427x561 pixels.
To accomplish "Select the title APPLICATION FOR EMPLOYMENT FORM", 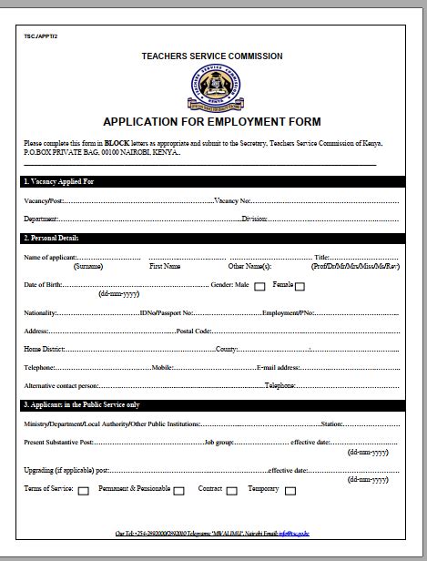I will [x=211, y=122].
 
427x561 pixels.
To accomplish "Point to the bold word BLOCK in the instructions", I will [x=117, y=144].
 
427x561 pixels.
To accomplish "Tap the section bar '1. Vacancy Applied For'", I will [x=211, y=182].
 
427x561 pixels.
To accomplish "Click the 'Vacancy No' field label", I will [x=232, y=200].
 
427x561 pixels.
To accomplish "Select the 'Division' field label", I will [x=254, y=219].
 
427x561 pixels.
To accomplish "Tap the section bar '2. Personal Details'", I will [x=211, y=239].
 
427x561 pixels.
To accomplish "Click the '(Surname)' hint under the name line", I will [x=88, y=266].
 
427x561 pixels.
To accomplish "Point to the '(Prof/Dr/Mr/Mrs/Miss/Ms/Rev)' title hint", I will [x=354, y=266].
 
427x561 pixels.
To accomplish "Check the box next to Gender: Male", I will [x=259, y=287].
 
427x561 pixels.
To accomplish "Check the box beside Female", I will [x=300, y=287].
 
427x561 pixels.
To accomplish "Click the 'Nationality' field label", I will [x=40, y=312].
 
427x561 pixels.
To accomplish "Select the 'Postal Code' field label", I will [x=194, y=331].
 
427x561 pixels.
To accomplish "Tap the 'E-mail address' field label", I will [x=278, y=367].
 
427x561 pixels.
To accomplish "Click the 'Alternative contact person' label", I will [x=61, y=385].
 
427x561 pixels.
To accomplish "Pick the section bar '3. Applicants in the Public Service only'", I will [x=211, y=404].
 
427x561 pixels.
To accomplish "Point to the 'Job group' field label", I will [x=219, y=442].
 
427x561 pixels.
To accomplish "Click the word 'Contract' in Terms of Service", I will [x=210, y=489].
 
